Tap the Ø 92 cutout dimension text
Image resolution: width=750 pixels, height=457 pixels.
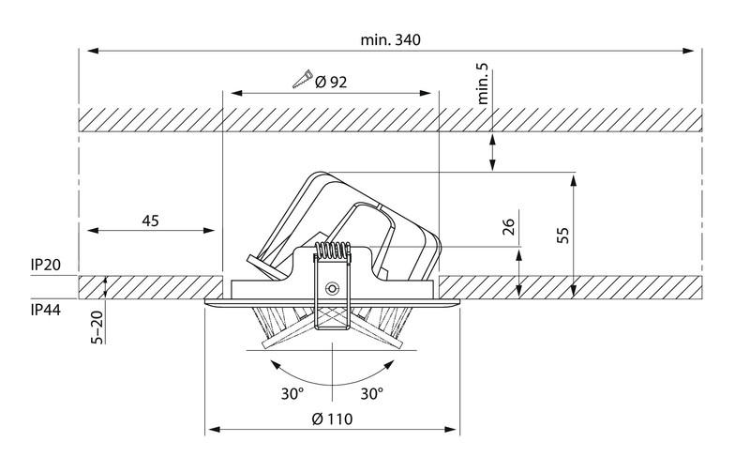332,82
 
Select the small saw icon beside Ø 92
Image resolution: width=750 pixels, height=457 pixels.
302,81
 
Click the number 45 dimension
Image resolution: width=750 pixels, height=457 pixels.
150,221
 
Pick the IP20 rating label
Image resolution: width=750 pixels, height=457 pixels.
46,266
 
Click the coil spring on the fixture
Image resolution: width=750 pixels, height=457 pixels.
332,252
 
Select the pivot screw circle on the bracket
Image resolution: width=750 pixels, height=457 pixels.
331,288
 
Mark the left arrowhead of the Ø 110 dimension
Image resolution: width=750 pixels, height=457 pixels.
210,431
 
